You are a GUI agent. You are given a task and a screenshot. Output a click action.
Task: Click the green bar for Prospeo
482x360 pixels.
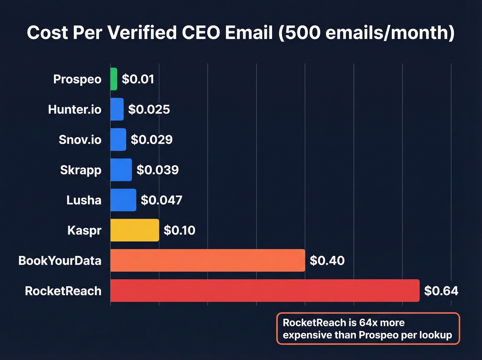coord(114,79)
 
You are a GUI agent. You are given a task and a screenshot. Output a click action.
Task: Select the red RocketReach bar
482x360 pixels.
coord(265,290)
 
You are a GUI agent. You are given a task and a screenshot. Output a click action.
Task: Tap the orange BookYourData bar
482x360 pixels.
coord(208,260)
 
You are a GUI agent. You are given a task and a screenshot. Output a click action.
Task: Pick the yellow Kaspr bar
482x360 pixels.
coord(135,230)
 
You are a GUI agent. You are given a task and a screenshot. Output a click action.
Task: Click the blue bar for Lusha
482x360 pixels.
coord(123,200)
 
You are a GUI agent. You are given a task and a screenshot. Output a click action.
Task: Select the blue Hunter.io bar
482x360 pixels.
coord(117,109)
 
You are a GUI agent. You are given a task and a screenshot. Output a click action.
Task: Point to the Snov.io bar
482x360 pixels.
coord(118,140)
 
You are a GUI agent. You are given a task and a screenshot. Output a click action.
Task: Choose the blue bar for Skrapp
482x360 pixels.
coord(121,169)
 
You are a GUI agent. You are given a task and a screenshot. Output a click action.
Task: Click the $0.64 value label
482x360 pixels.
coord(441,291)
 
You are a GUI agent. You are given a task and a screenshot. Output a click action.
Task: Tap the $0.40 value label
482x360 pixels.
coord(327,260)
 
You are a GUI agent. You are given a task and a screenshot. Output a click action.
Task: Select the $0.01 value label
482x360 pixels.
coord(138,79)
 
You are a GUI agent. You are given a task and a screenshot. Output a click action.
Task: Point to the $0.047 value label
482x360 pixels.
coord(161,200)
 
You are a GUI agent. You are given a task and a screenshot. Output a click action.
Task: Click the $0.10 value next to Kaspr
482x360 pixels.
coord(179,230)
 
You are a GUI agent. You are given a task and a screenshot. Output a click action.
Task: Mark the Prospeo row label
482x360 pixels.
coord(77,79)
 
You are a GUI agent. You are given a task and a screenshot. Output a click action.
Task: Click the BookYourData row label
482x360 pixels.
coord(60,260)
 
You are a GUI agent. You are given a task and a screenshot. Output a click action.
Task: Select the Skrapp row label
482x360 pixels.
coord(81,170)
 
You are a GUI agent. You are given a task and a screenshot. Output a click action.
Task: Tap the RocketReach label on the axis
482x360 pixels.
coord(63,291)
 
